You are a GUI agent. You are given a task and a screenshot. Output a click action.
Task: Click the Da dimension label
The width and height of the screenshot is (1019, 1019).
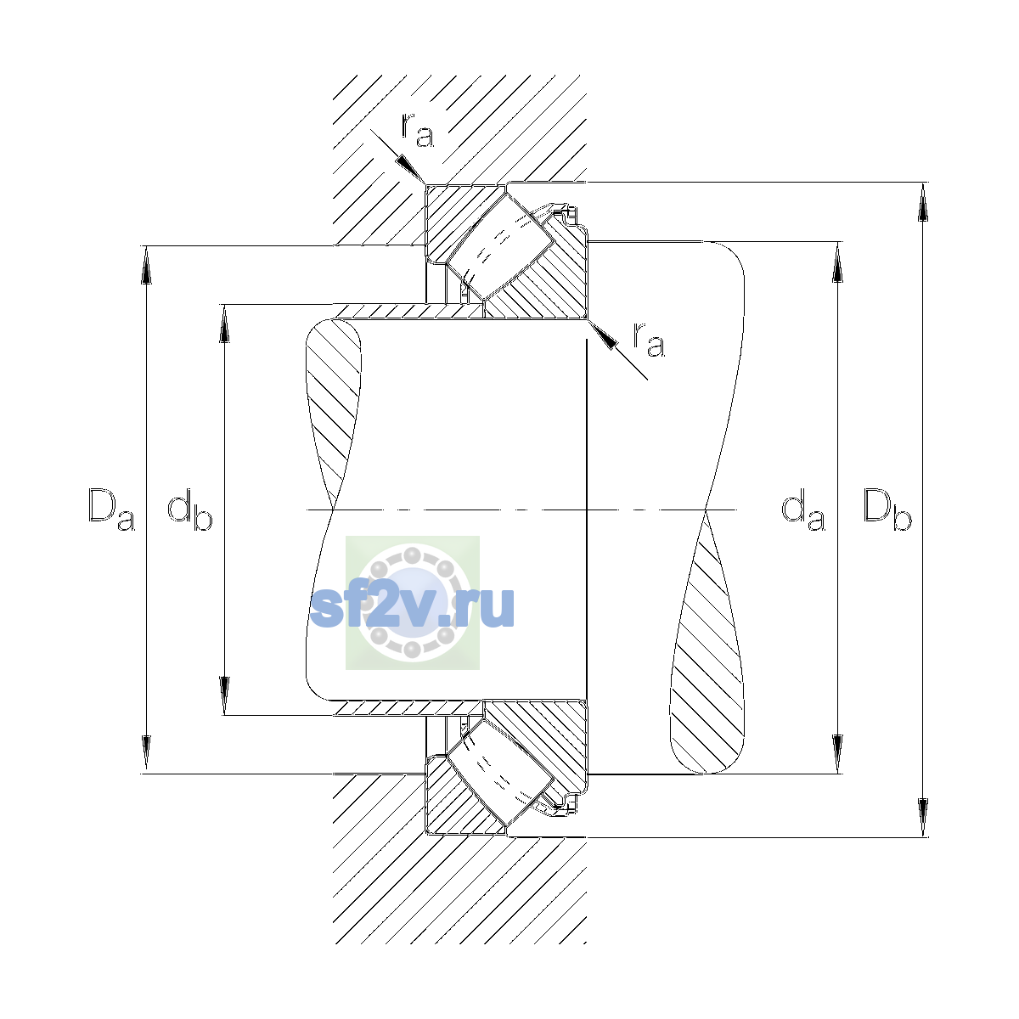[x=111, y=509]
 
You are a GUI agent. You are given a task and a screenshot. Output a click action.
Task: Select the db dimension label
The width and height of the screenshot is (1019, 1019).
[x=190, y=509]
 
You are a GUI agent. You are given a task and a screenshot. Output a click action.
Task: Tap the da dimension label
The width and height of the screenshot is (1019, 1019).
[x=803, y=509]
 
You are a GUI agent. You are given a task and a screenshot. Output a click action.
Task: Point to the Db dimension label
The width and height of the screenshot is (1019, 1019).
[x=887, y=509]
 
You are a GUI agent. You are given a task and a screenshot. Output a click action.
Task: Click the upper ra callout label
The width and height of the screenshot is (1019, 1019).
[x=418, y=130]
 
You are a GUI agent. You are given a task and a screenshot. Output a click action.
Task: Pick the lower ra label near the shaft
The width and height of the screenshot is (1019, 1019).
[x=649, y=339]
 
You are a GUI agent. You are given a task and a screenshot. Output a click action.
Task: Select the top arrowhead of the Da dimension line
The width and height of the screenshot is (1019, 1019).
[x=146, y=265]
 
